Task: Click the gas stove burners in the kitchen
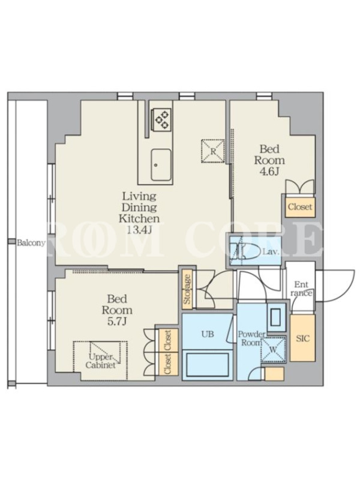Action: tap(161, 119)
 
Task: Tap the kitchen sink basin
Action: tap(161, 164)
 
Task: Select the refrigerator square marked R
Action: tap(213, 151)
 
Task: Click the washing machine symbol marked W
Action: tap(274, 349)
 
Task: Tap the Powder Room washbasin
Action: tap(276, 317)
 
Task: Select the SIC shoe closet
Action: tap(302, 338)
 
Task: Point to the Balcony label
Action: tap(31, 244)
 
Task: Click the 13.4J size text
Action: tap(139, 230)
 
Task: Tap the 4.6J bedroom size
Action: tap(269, 172)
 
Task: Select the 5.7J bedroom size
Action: tap(116, 322)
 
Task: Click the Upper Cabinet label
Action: tap(100, 361)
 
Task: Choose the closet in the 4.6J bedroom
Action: tap(300, 206)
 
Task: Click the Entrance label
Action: tap(301, 289)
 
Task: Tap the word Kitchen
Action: tap(139, 218)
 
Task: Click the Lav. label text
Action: tap(271, 252)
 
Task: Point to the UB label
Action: tap(208, 334)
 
